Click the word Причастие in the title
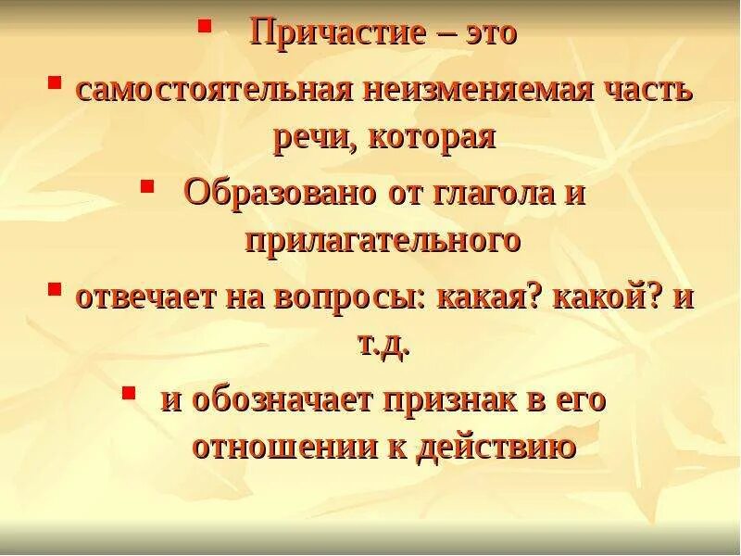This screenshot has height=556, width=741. coord(338,34)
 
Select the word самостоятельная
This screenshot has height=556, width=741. coord(214,90)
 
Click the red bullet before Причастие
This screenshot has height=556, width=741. coord(204,26)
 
